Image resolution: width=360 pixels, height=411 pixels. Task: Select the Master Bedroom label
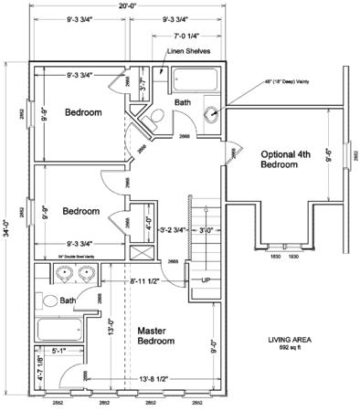[155, 335]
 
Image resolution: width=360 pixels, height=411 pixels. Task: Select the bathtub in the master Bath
[61, 329]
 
